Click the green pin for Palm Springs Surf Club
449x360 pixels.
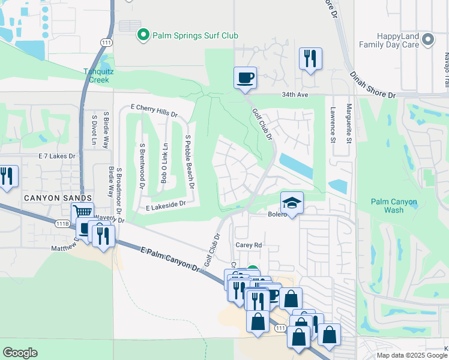click(143, 35)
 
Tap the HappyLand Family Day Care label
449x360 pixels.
click(392, 40)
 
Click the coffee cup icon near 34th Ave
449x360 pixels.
click(245, 78)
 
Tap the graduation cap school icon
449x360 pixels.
click(292, 203)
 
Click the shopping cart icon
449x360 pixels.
click(82, 212)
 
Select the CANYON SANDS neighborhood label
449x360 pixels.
click(58, 198)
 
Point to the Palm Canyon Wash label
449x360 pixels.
click(394, 206)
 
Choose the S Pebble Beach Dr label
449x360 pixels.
click(190, 162)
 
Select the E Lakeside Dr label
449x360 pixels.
click(166, 205)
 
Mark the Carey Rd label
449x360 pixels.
click(249, 245)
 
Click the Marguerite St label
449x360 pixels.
click(349, 124)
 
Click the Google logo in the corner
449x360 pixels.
click(20, 353)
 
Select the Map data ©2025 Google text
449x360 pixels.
click(411, 355)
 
